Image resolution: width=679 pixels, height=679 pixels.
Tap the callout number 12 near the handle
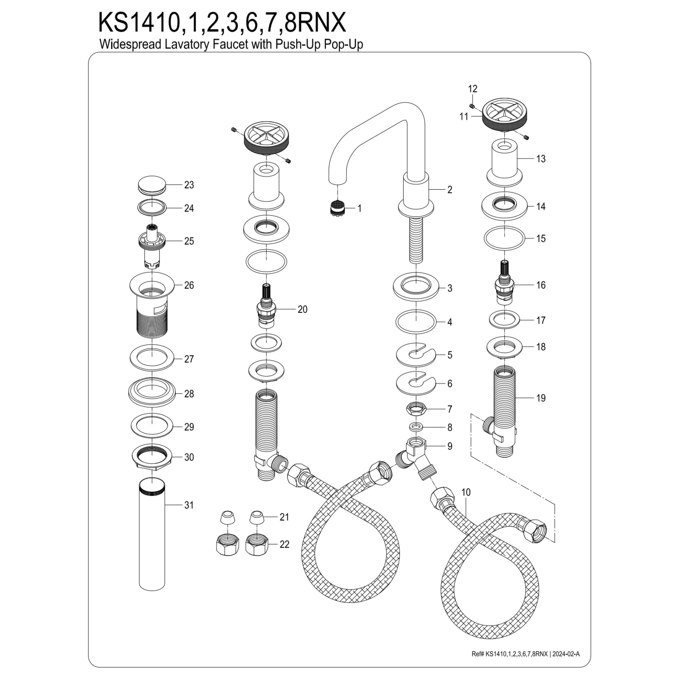473,89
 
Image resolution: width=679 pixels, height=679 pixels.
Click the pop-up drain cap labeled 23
152,185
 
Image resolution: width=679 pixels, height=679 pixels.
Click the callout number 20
302,309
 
